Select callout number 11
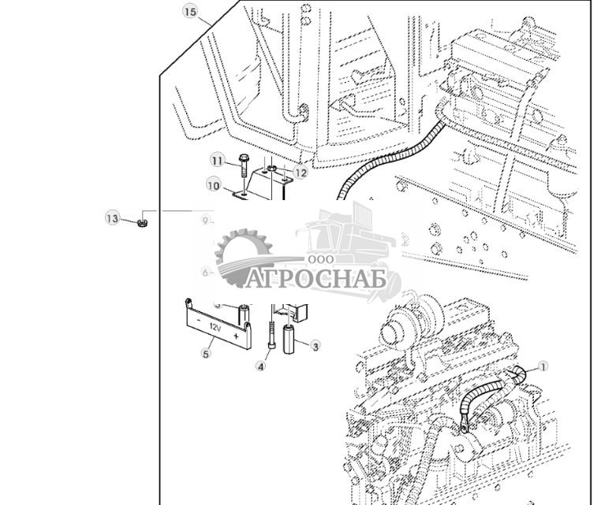[x=218, y=161]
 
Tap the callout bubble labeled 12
[x=300, y=173]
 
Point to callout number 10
[x=213, y=185]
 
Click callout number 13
[x=113, y=217]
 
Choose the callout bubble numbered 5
[x=206, y=354]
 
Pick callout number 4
[x=261, y=366]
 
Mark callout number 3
[x=315, y=346]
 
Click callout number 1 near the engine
[x=543, y=366]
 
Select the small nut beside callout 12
[x=272, y=169]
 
